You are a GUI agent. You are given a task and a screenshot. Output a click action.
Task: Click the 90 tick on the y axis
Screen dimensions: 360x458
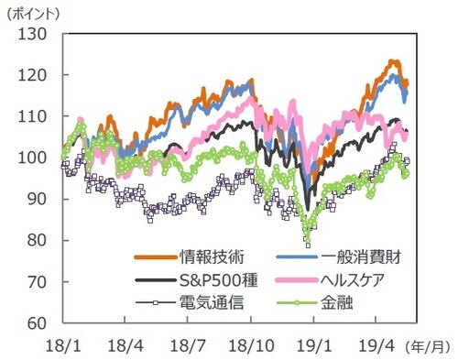38,199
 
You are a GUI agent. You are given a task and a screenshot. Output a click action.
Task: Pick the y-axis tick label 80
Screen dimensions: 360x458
38,240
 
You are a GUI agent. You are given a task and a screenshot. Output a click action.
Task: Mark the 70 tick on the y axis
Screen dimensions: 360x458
38,282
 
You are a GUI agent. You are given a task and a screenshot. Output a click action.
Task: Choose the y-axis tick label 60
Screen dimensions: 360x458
38,323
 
